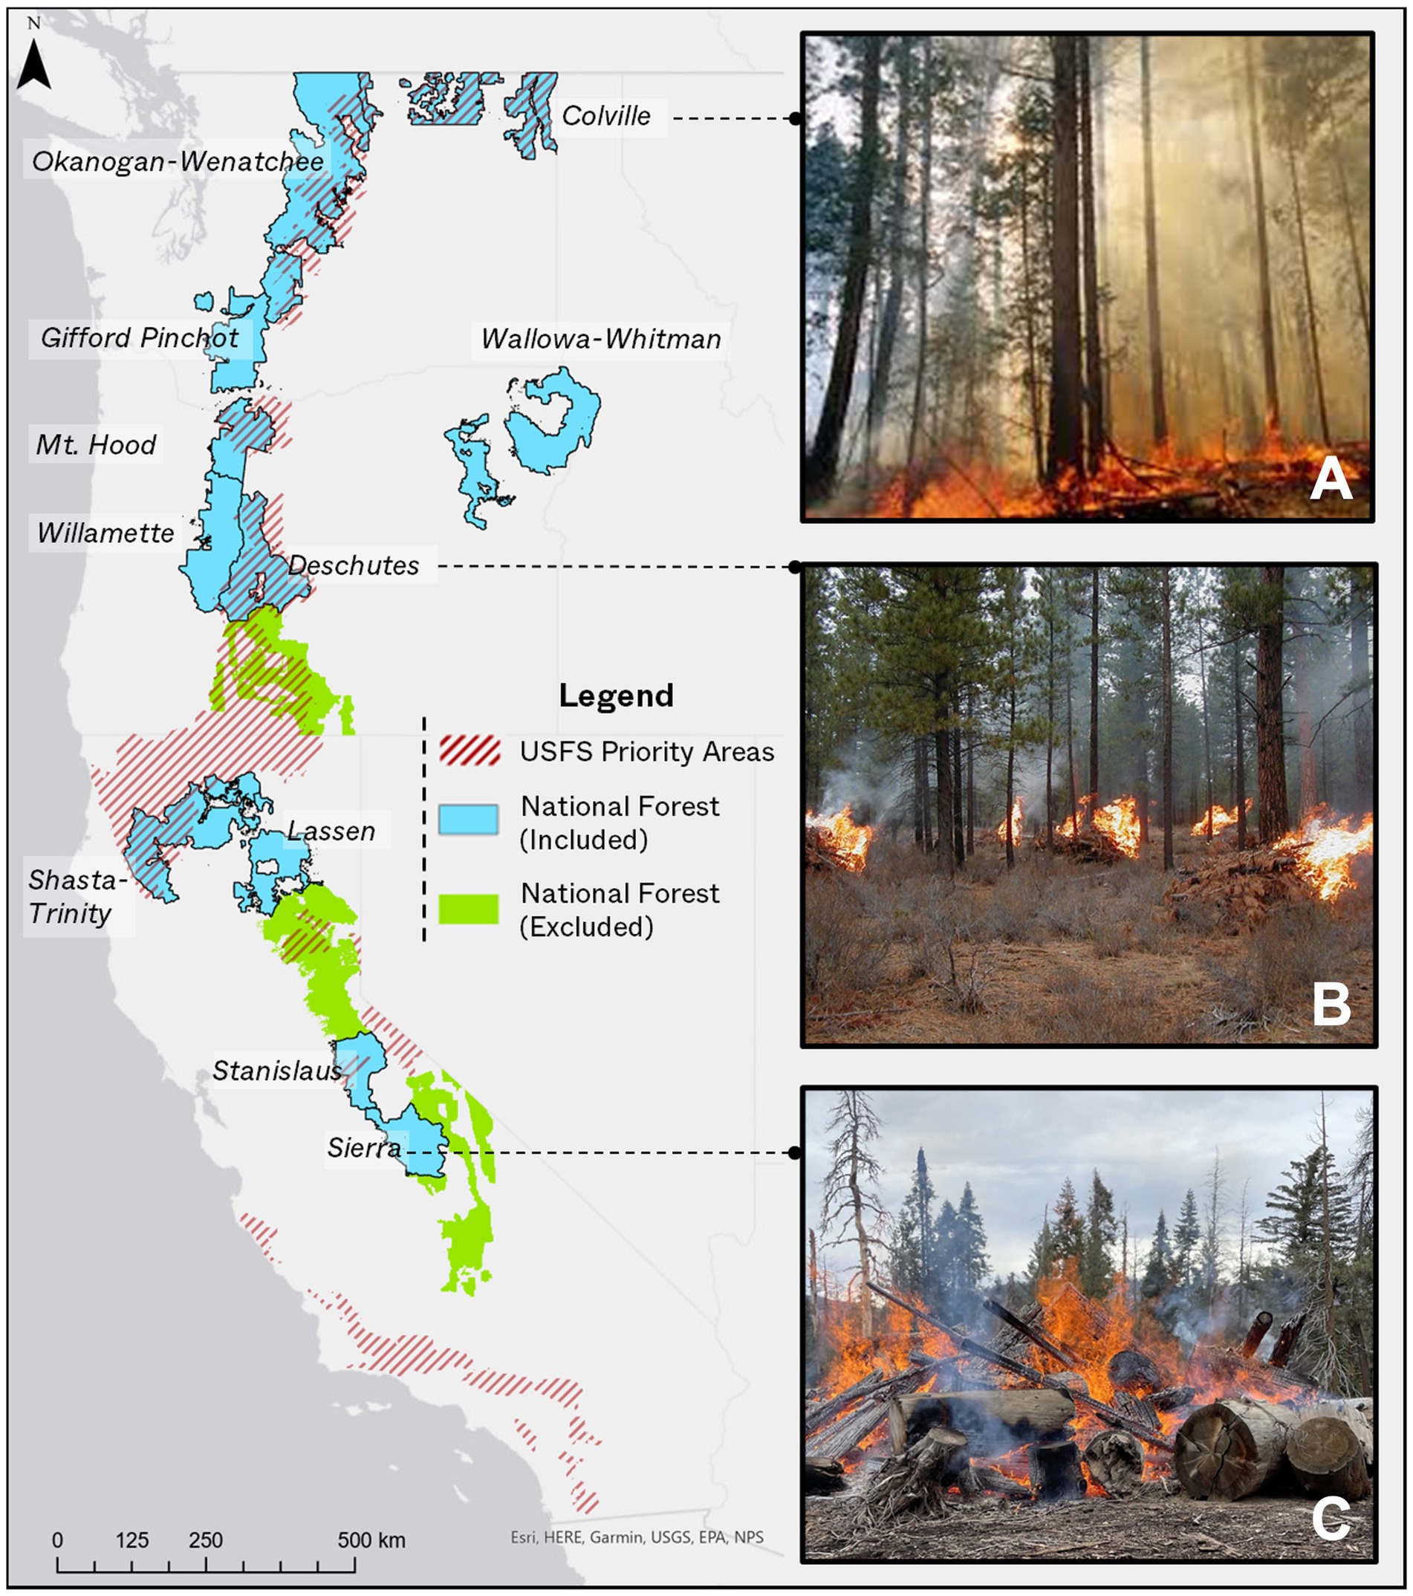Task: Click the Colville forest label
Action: click(x=605, y=117)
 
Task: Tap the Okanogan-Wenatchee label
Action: click(x=178, y=162)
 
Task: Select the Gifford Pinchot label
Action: click(x=139, y=338)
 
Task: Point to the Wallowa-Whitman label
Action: click(x=600, y=339)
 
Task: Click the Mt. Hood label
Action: click(x=96, y=445)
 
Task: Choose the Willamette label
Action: click(x=105, y=533)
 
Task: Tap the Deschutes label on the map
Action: click(x=354, y=565)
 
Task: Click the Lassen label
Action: click(x=331, y=831)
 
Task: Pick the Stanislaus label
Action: click(x=277, y=1071)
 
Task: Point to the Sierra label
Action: click(x=364, y=1147)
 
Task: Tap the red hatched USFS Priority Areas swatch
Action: click(x=470, y=750)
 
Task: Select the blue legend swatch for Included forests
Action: click(x=468, y=819)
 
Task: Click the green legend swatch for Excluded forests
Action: click(x=468, y=908)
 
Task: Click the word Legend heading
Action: click(x=616, y=695)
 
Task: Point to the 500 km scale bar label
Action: click(x=371, y=1540)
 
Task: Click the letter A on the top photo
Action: click(x=1331, y=478)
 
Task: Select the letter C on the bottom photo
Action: click(x=1331, y=1518)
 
